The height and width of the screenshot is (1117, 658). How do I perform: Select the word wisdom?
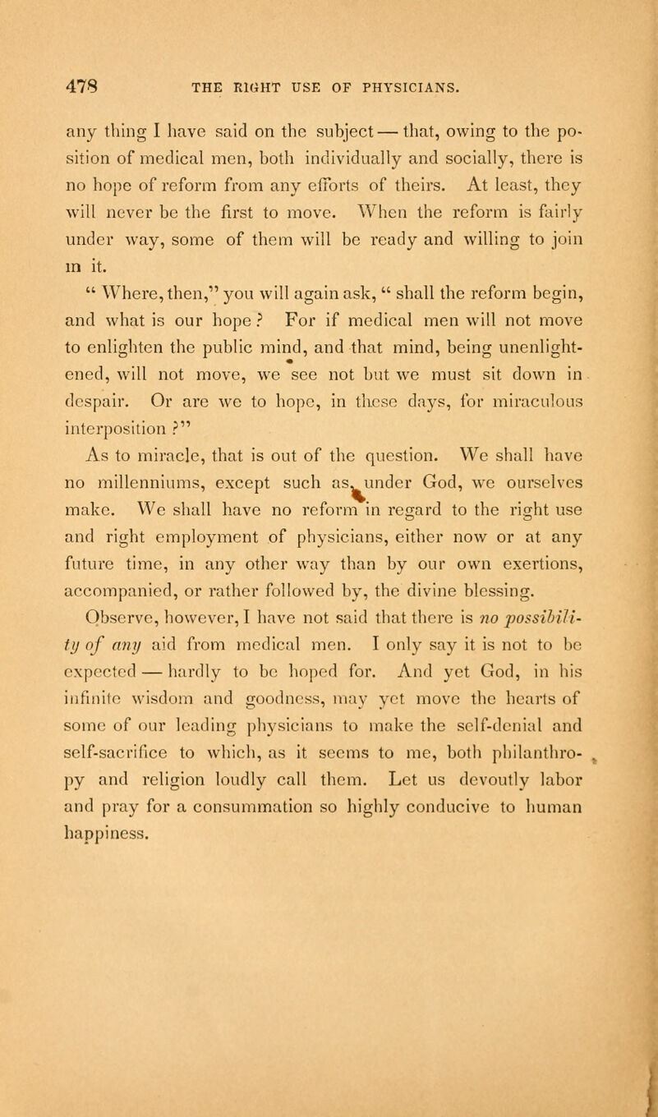(x=158, y=678)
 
